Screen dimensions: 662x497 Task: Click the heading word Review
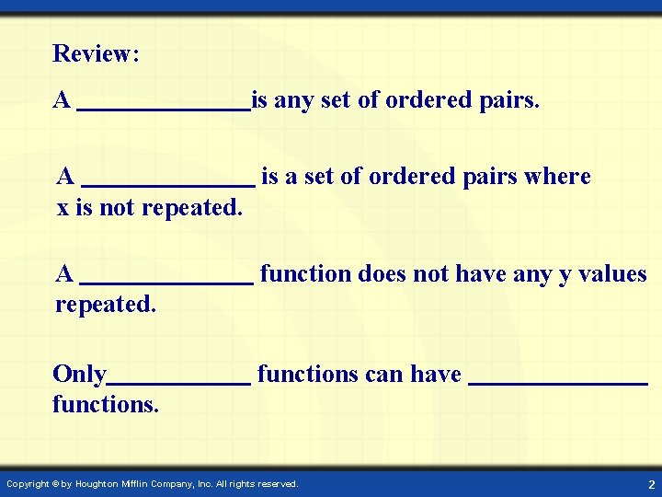(x=93, y=53)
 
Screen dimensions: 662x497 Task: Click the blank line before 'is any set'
(x=164, y=109)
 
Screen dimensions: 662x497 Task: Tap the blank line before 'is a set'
(x=168, y=184)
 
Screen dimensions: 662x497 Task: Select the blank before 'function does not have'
(x=166, y=283)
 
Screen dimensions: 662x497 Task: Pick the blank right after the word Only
(x=179, y=383)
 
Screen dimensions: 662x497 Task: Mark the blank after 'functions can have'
(x=558, y=383)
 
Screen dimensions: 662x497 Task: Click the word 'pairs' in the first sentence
(x=507, y=99)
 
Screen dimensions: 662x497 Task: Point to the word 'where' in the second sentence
(x=557, y=176)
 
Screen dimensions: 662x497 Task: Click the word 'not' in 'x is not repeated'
(x=116, y=208)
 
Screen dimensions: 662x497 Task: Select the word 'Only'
(x=80, y=375)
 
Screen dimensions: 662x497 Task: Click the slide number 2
(x=651, y=484)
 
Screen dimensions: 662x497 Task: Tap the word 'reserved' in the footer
(x=277, y=484)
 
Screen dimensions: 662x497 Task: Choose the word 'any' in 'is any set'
(x=294, y=99)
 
